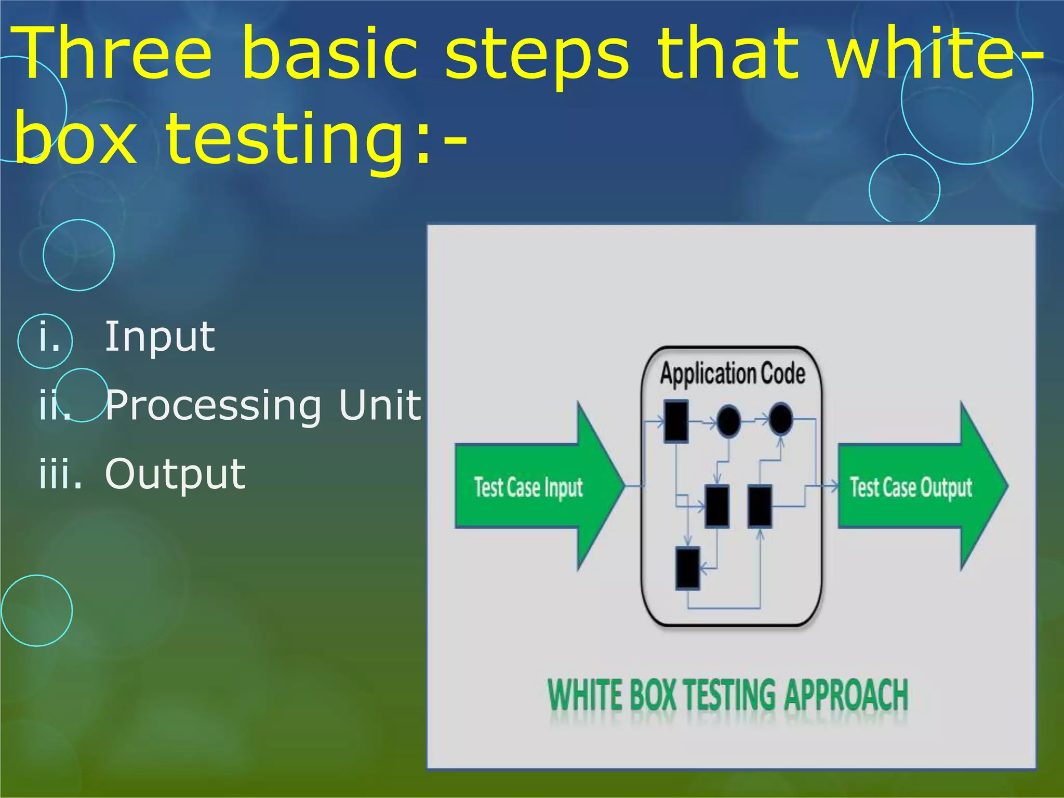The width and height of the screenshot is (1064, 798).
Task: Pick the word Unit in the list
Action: tap(379, 405)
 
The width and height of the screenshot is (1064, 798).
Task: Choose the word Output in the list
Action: tap(175, 474)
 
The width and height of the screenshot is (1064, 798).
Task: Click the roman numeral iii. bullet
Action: tap(60, 474)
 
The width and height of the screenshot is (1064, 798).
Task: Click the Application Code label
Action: tap(733, 374)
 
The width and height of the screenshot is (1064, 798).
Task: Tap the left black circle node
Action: tap(728, 421)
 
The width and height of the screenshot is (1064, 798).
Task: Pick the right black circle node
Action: tap(780, 419)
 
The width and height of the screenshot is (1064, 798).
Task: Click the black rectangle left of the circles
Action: tap(676, 421)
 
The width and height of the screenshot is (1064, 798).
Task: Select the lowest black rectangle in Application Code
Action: tap(688, 568)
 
